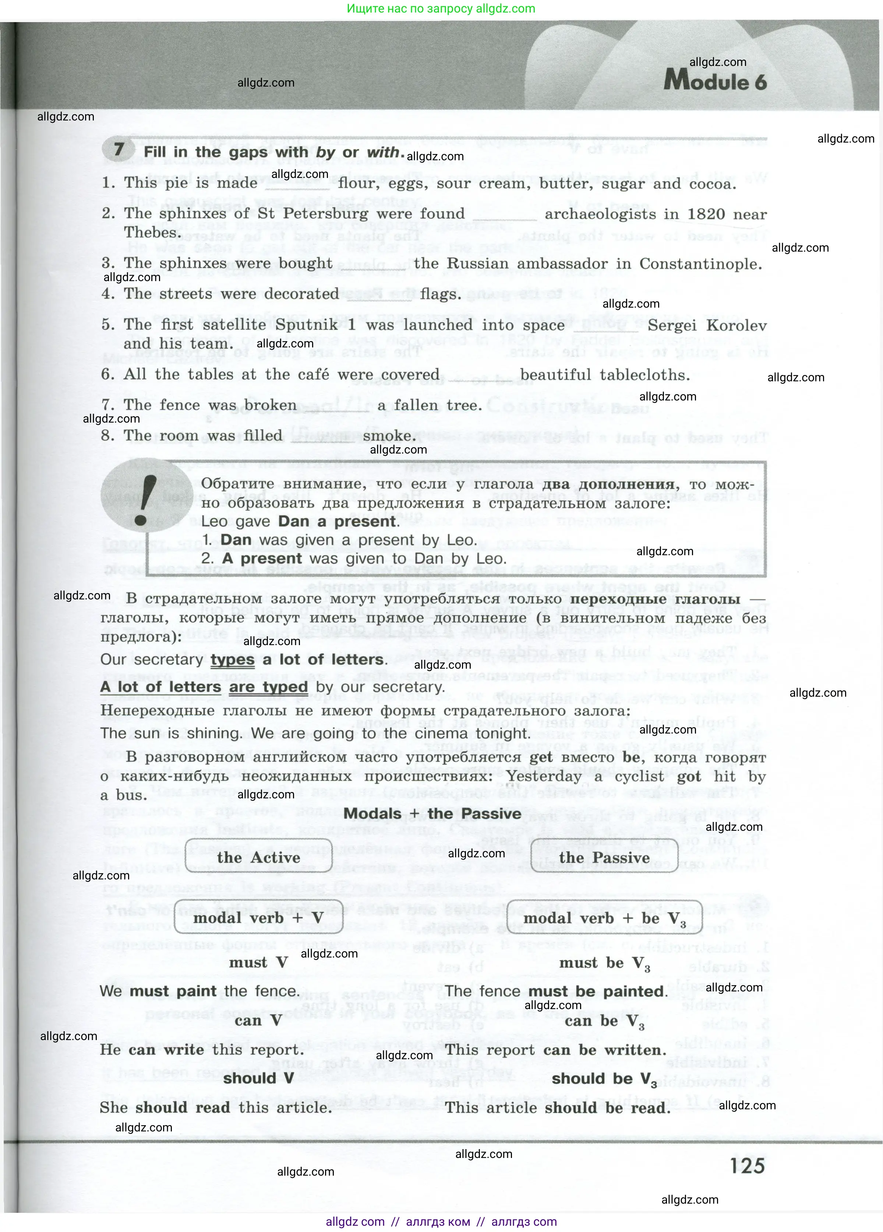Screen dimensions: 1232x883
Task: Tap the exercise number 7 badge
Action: click(118, 149)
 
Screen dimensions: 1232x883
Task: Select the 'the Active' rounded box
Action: click(258, 858)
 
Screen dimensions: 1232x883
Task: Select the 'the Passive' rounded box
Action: click(604, 858)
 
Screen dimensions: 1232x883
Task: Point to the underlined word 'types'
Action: click(232, 659)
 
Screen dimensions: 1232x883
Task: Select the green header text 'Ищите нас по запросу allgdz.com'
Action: click(441, 9)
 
